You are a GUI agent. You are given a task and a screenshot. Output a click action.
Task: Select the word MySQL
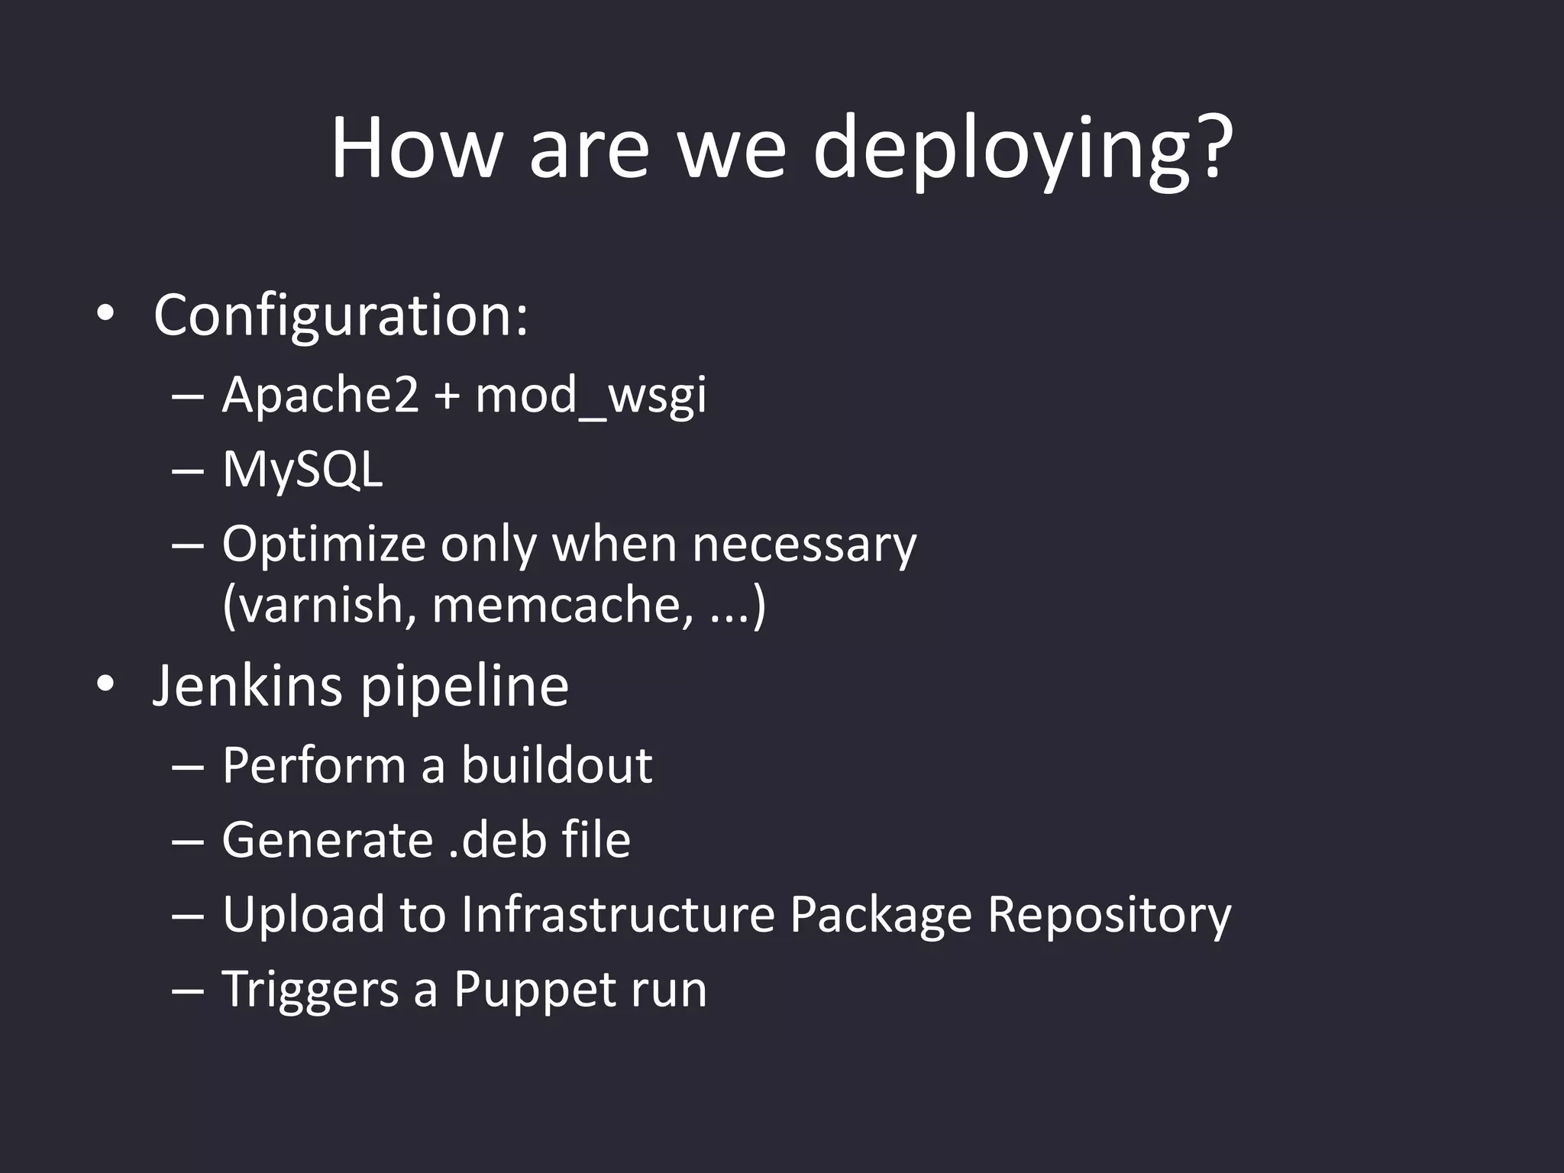tap(302, 470)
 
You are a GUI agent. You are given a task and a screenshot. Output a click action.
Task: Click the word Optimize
tap(323, 545)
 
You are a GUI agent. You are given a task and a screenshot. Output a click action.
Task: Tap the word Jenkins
tap(247, 686)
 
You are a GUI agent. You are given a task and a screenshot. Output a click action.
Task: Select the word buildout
tap(557, 764)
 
